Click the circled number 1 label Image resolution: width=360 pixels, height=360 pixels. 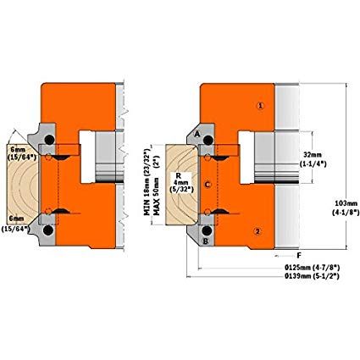tap(260, 106)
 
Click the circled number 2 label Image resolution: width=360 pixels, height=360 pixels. tap(258, 231)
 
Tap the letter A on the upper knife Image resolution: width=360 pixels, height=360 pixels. tap(197, 135)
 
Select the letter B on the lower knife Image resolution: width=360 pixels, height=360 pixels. tap(206, 241)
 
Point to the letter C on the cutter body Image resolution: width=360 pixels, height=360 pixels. tap(208, 185)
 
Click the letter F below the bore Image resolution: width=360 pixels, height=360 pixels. tap(299, 256)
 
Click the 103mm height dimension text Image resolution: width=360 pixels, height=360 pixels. tap(346, 203)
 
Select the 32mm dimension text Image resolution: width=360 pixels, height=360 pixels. tap(313, 155)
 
